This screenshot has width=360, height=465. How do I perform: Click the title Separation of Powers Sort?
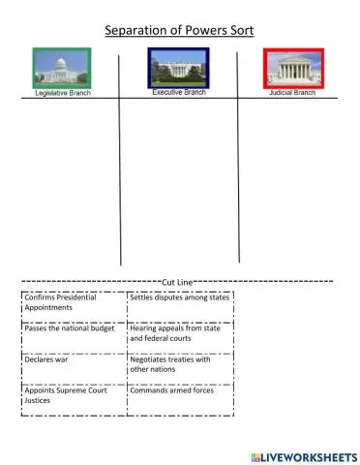pos(179,30)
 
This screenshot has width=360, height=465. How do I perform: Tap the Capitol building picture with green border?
pos(61,68)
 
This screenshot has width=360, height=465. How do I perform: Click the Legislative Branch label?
pos(63,94)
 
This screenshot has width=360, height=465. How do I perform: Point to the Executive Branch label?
pos(180,93)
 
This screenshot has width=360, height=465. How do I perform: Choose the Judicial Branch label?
pos(292,94)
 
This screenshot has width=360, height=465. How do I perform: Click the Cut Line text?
pos(179,281)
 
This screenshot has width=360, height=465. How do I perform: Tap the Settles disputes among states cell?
pos(180,298)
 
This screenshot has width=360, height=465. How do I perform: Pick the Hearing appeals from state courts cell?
pos(180,334)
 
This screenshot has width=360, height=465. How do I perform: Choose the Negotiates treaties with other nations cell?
pos(180,365)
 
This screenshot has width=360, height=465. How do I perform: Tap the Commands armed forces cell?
pos(180,391)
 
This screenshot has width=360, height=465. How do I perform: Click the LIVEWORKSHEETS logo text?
pos(309,455)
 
